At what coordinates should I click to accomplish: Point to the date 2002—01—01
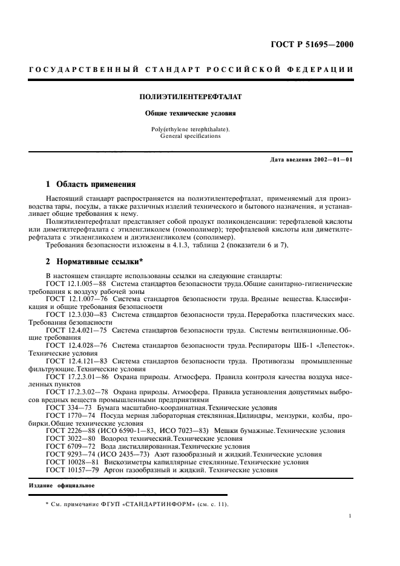click(x=332, y=160)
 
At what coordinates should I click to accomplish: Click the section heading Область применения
click(x=96, y=184)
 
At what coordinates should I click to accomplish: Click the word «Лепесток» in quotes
click(x=332, y=346)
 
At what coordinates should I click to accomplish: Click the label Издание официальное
click(x=62, y=486)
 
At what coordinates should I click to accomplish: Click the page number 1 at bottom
click(x=351, y=516)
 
